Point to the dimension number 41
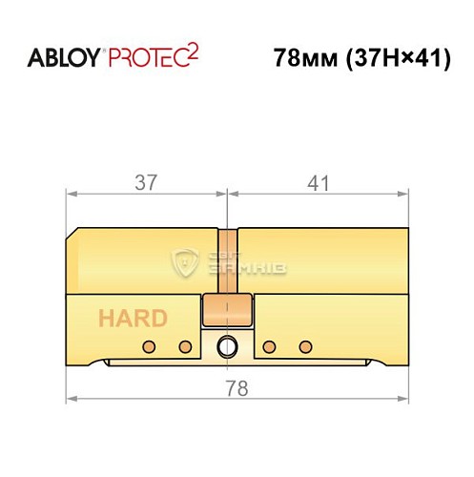(x=315, y=178)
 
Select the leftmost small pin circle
(x=149, y=344)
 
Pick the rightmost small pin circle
(x=305, y=344)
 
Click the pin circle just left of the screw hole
(x=187, y=344)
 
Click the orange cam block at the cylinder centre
(x=227, y=310)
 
